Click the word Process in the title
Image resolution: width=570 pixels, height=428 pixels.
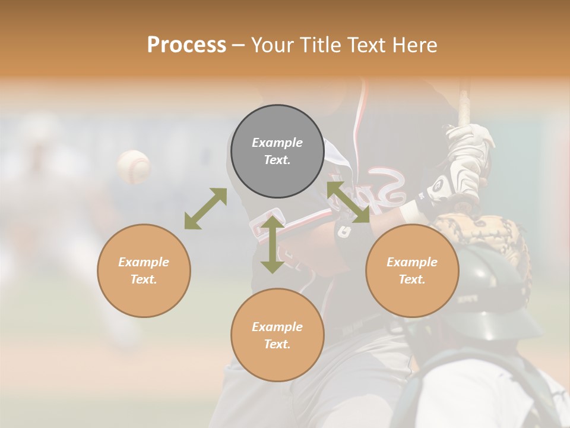click(x=186, y=45)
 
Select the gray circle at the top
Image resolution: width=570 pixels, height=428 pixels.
click(x=277, y=151)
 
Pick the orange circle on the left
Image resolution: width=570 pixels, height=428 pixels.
click(x=144, y=270)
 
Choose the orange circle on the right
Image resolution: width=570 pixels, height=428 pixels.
click(x=412, y=270)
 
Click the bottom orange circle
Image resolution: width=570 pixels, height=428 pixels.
click(x=277, y=335)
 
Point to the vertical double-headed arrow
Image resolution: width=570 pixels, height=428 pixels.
click(x=273, y=245)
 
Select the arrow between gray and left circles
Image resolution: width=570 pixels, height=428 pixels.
click(x=205, y=209)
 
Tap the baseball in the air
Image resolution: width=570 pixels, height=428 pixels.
click(x=134, y=166)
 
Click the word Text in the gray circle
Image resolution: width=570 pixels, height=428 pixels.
click(x=277, y=160)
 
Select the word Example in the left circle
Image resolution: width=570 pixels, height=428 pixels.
click(x=144, y=262)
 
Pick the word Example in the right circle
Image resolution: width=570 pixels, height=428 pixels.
click(x=412, y=262)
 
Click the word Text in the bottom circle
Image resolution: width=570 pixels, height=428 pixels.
click(x=277, y=344)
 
